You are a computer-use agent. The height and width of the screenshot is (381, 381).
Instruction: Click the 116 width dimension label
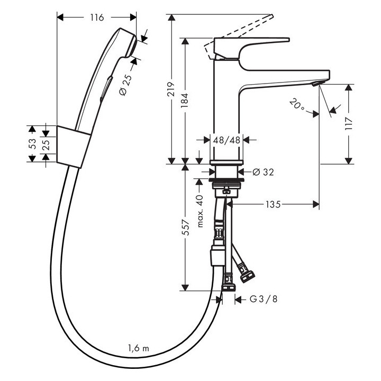click(96, 18)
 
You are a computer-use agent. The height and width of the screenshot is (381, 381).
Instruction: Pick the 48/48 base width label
click(226, 140)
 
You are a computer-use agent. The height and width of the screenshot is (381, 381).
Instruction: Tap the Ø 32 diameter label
click(263, 171)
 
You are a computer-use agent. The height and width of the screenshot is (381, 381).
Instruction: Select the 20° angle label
click(297, 104)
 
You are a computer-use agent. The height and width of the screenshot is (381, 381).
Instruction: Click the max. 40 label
click(200, 211)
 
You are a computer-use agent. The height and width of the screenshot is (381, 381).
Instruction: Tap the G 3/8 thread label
click(263, 299)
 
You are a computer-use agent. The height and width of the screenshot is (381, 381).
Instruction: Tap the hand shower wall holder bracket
click(72, 147)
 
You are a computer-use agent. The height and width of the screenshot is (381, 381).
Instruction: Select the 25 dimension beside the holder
click(46, 144)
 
